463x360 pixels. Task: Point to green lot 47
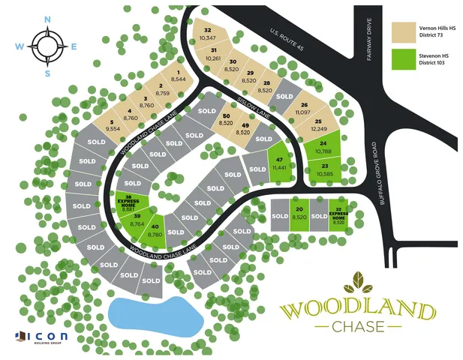tap(279, 163)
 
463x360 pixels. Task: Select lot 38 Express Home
tap(133, 202)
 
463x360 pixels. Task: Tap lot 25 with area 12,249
tap(319, 126)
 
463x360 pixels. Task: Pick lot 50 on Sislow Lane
tap(225, 119)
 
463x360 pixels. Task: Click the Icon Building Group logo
tap(41, 336)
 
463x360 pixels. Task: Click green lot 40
tap(155, 230)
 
